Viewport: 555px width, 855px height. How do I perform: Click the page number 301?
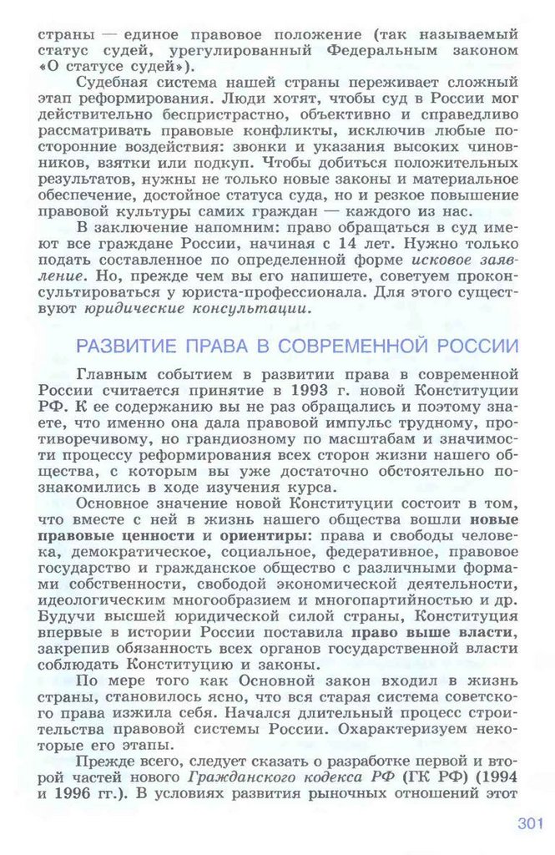[530, 823]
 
